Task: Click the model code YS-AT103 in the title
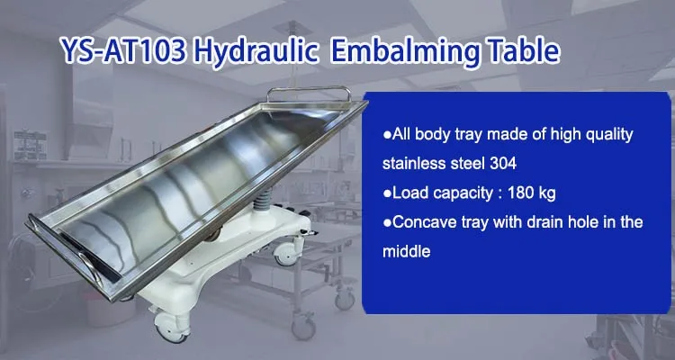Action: point(124,50)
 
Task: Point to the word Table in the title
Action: point(522,50)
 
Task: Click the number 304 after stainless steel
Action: point(503,164)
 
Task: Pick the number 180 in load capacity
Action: point(521,193)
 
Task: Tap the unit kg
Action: point(547,194)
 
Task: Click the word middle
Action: point(407,251)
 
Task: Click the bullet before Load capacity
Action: point(387,193)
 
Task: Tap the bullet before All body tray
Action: point(387,135)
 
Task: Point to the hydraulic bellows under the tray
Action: point(262,200)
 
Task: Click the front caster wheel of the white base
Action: point(170,326)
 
